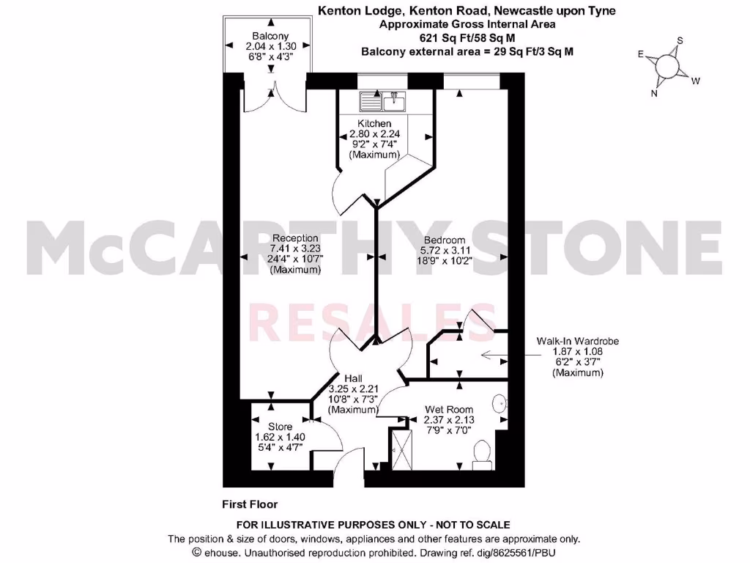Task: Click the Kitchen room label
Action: (374, 123)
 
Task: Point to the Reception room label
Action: (295, 238)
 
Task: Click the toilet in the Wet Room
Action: (483, 454)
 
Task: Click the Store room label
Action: (280, 427)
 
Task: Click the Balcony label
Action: (270, 36)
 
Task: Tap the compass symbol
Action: (669, 67)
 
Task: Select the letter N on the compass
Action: (655, 93)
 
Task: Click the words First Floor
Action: (250, 504)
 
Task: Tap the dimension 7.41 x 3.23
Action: (295, 249)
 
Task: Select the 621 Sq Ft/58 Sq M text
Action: (466, 37)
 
